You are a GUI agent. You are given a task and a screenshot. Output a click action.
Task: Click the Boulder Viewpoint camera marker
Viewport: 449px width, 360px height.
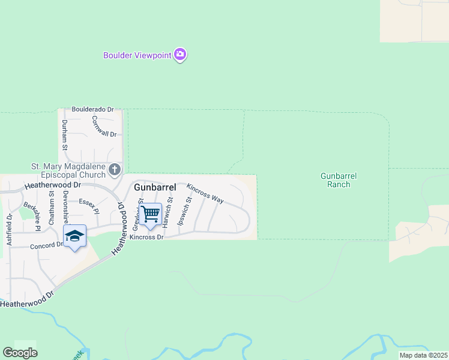pyautogui.click(x=180, y=55)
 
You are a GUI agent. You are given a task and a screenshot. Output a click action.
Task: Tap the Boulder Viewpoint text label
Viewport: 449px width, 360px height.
pyautogui.click(x=137, y=56)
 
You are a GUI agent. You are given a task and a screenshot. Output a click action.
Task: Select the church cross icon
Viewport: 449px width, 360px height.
pyautogui.click(x=115, y=170)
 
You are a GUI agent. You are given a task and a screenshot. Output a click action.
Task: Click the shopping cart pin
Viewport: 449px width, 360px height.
pyautogui.click(x=151, y=214)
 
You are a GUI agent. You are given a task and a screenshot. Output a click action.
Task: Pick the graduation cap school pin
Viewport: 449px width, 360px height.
pyautogui.click(x=74, y=236)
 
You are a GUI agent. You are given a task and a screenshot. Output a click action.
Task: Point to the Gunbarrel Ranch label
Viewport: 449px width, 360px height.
pyautogui.click(x=339, y=180)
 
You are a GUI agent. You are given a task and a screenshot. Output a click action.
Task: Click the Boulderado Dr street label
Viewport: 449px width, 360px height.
pyautogui.click(x=92, y=109)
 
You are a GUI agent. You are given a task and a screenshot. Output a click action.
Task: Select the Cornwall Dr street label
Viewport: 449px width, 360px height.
pyautogui.click(x=104, y=125)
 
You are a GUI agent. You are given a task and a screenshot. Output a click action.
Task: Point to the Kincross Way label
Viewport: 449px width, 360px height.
pyautogui.click(x=205, y=193)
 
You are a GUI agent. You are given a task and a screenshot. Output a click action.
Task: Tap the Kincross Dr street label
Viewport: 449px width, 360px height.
pyautogui.click(x=147, y=237)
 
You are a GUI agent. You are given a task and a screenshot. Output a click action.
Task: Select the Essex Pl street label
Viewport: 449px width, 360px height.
pyautogui.click(x=88, y=206)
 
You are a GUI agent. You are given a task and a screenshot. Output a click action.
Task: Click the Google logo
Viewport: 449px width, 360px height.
pyautogui.click(x=20, y=353)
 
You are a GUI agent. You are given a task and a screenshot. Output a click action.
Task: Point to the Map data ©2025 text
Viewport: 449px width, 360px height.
pyautogui.click(x=423, y=355)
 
